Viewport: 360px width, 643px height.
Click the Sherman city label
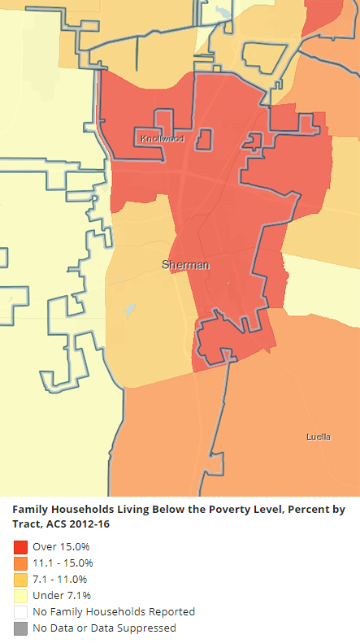click(x=185, y=265)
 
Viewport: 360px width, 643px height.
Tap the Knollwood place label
click(x=162, y=139)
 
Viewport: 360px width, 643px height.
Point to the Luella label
click(x=318, y=437)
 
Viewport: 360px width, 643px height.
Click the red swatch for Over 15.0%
click(x=20, y=546)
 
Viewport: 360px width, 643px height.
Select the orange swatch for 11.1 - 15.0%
click(x=20, y=563)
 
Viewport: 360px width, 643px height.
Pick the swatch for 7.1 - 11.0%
click(x=20, y=579)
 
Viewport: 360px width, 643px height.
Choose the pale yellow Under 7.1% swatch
click(x=20, y=595)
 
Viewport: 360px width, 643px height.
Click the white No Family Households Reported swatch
click(x=20, y=611)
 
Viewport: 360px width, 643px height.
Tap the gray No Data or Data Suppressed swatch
click(x=20, y=628)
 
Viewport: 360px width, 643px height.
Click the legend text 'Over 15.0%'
click(x=61, y=546)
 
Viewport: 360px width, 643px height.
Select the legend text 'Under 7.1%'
click(x=61, y=595)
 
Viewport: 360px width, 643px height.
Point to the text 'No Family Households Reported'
click(x=114, y=611)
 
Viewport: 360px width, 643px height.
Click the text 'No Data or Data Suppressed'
click(x=104, y=628)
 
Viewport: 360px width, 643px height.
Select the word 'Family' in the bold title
click(x=29, y=510)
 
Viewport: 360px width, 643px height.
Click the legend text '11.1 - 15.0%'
click(x=63, y=563)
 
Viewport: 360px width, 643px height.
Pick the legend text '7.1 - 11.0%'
click(x=60, y=579)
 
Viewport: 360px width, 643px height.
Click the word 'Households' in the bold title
click(x=80, y=510)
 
